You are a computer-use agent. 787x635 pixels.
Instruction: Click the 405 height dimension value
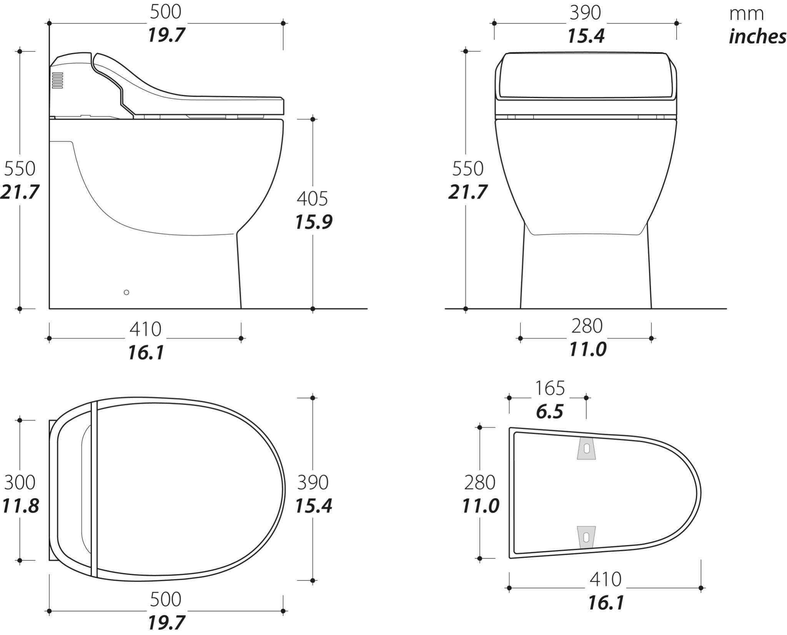(312, 199)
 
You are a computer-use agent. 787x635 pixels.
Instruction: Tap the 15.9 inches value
(313, 222)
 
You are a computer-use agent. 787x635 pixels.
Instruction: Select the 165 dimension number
(550, 388)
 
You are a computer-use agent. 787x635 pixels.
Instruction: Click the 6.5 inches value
(550, 412)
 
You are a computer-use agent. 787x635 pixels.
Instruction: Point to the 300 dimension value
(20, 482)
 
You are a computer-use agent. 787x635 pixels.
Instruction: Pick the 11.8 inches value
(20, 506)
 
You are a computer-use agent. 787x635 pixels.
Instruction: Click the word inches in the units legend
(757, 37)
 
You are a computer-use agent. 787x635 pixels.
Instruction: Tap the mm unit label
(746, 14)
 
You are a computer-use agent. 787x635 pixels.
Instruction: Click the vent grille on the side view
(58, 80)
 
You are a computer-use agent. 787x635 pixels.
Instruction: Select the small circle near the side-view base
(126, 292)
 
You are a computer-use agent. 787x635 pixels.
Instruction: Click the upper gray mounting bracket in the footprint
(586, 448)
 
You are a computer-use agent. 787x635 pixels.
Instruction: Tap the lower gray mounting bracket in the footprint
(586, 537)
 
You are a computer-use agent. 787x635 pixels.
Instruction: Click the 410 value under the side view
(145, 329)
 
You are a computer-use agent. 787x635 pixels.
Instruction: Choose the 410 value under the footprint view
(606, 579)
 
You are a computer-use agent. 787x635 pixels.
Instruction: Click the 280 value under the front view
(587, 326)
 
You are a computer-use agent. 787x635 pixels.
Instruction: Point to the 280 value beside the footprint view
(479, 483)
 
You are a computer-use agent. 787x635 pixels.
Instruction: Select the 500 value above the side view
(165, 12)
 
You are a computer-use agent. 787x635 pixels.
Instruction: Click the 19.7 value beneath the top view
(166, 622)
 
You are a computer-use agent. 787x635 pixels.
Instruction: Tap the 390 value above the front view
(585, 13)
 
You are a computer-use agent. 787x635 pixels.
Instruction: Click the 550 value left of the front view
(468, 168)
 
